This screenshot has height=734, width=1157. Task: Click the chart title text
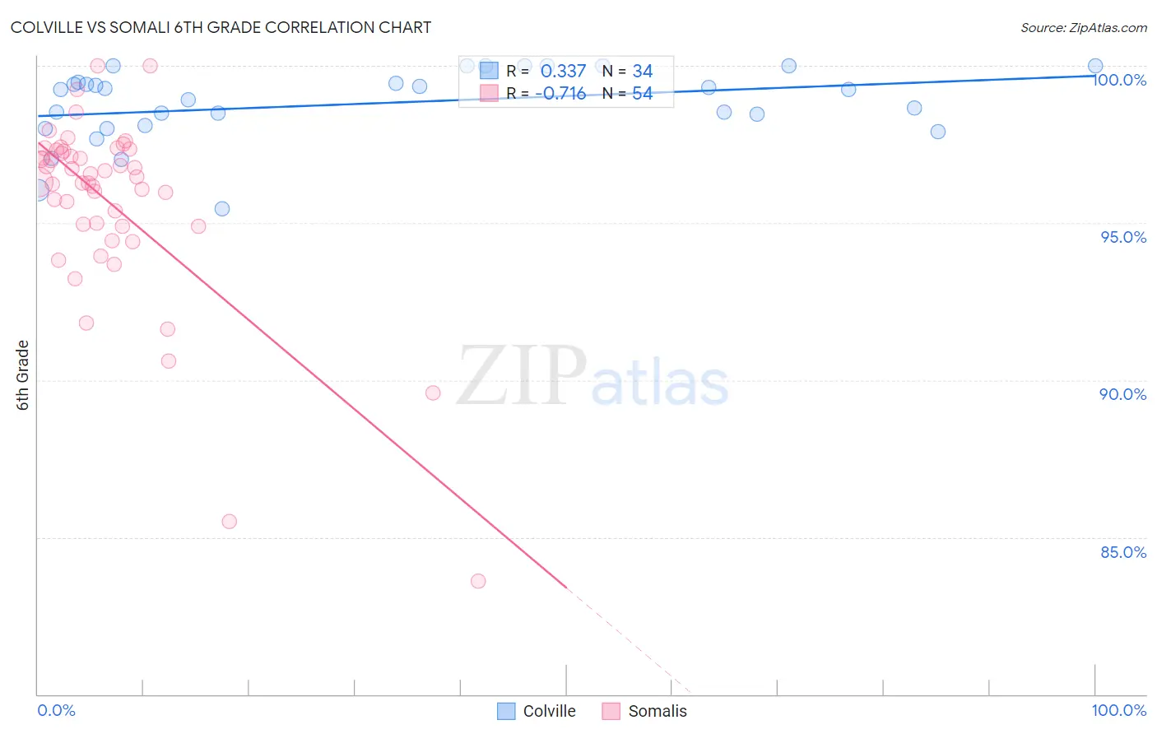221,27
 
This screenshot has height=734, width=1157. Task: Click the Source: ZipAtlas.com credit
1083,27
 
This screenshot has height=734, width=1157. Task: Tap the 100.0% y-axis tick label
1119,80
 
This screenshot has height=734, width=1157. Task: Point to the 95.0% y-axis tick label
1123,237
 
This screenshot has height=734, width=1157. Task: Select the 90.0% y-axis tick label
1123,394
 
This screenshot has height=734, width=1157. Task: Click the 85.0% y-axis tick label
1123,552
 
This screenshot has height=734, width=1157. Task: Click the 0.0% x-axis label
56,710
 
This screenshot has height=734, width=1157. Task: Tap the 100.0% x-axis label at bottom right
1118,710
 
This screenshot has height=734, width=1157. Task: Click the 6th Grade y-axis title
23,374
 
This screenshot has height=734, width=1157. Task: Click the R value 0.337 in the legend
563,72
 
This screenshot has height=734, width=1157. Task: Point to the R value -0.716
560,94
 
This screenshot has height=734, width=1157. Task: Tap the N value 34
642,72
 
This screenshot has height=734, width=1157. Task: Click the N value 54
642,94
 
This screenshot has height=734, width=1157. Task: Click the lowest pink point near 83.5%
478,581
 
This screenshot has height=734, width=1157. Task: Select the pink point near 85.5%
230,522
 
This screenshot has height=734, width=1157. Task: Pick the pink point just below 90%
433,393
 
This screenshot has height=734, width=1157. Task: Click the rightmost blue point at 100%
1095,66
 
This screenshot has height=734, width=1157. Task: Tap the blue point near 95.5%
222,209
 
